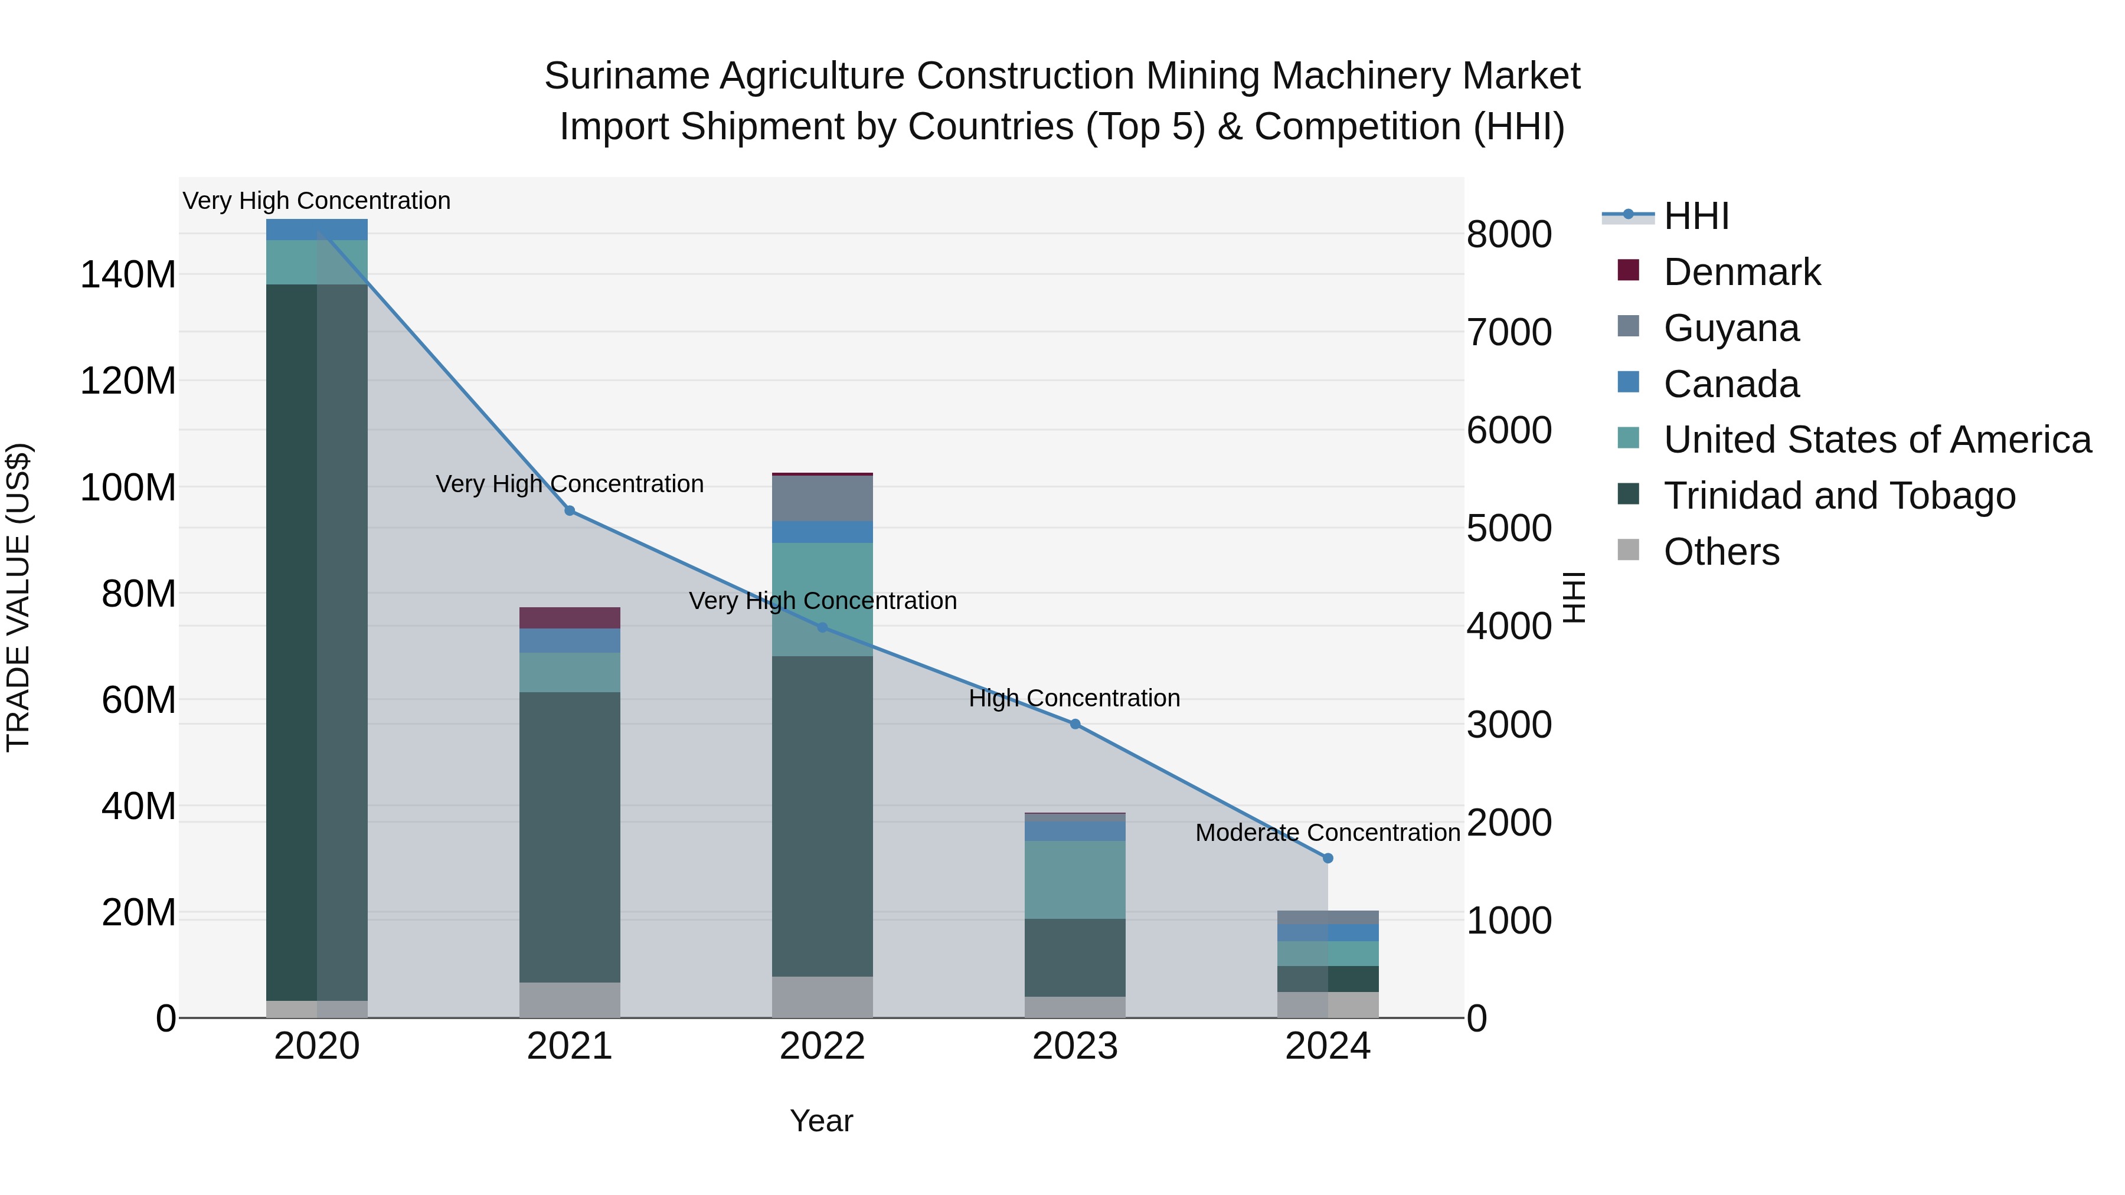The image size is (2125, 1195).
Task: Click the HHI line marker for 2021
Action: point(569,510)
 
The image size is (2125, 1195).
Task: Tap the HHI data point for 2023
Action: point(1075,724)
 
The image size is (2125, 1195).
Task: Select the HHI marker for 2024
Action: point(1328,857)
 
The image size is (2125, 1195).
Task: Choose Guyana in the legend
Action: point(1731,328)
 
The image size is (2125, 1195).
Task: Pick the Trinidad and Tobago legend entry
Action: point(1839,496)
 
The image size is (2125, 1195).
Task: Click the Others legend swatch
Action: point(1629,549)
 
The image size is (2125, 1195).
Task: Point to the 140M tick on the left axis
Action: point(128,274)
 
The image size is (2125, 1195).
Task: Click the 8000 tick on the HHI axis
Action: point(1509,234)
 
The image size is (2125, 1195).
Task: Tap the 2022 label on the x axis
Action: point(822,1046)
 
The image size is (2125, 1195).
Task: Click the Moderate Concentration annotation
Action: point(1328,833)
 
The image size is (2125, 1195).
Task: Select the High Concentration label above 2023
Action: point(1074,699)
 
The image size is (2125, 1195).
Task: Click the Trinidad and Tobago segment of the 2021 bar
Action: point(569,836)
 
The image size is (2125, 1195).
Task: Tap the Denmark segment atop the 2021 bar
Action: point(569,618)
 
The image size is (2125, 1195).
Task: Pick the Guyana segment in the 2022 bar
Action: point(822,498)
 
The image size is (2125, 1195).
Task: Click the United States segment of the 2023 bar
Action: point(1075,879)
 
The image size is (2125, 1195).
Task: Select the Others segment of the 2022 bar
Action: point(822,997)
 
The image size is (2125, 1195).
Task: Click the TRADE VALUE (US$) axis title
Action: point(18,597)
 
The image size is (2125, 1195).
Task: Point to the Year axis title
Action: point(821,1121)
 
